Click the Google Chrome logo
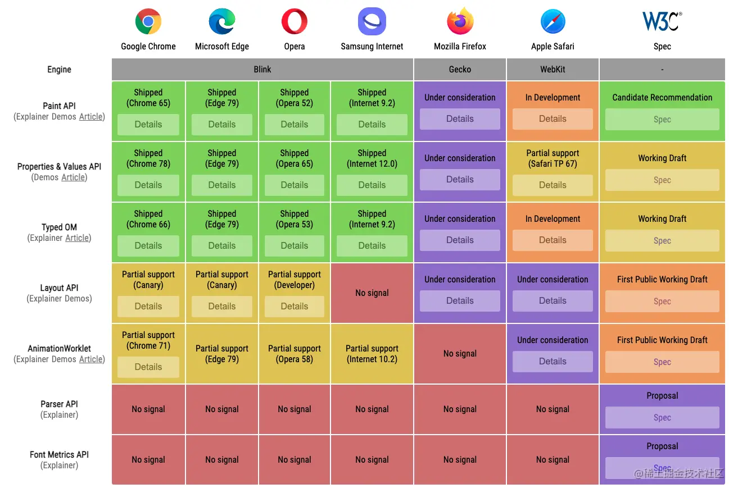148,22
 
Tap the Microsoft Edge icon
222,22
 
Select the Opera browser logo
295,22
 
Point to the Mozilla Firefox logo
460,22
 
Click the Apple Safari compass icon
553,22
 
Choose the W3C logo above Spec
662,21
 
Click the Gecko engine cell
460,70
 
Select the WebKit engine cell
553,70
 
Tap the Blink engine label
262,70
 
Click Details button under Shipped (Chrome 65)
148,125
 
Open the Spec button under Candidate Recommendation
662,120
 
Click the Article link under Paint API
90,117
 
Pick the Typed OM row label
59,227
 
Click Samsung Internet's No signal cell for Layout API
372,293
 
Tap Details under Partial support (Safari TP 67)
553,185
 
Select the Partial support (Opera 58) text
295,354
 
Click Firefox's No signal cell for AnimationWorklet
460,354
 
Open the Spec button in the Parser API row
662,418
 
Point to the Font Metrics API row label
59,455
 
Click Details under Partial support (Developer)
295,307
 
